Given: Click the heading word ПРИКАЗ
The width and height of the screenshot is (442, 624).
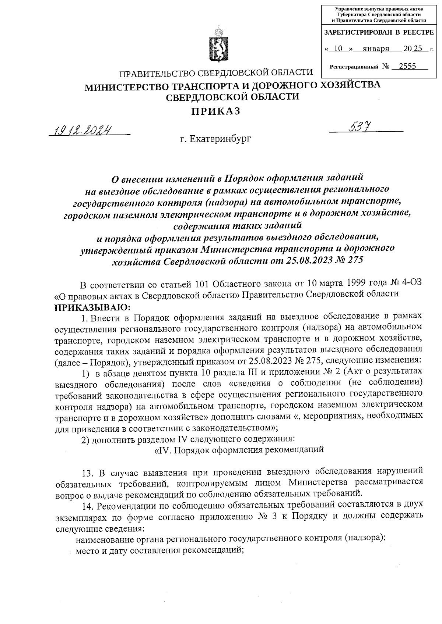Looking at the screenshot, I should tap(215, 111).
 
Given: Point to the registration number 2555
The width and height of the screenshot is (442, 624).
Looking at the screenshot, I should tap(407, 66).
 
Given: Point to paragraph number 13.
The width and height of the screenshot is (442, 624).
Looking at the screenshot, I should tap(87, 472).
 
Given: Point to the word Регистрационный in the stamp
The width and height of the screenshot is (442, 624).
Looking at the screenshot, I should tap(354, 67).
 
